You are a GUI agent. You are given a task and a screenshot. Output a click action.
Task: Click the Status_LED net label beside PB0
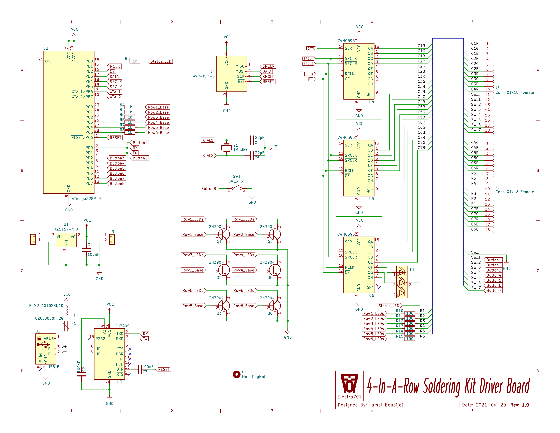(161, 61)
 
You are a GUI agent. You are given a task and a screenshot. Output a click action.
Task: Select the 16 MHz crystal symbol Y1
(226, 148)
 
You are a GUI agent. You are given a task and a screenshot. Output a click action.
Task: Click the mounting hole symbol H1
(236, 374)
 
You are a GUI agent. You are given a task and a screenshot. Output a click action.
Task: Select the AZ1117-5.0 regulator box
(66, 240)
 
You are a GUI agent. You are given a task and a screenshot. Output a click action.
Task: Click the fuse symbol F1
(66, 326)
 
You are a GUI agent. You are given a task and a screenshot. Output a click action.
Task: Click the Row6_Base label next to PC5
(158, 133)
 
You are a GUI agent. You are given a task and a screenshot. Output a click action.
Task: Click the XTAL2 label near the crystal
(208, 155)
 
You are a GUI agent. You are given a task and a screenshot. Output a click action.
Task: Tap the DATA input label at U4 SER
(311, 49)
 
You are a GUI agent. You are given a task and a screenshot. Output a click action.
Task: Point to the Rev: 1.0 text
(519, 405)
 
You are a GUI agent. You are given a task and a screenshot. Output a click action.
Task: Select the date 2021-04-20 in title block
(491, 405)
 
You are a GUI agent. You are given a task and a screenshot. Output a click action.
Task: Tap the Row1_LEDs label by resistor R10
(374, 313)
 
